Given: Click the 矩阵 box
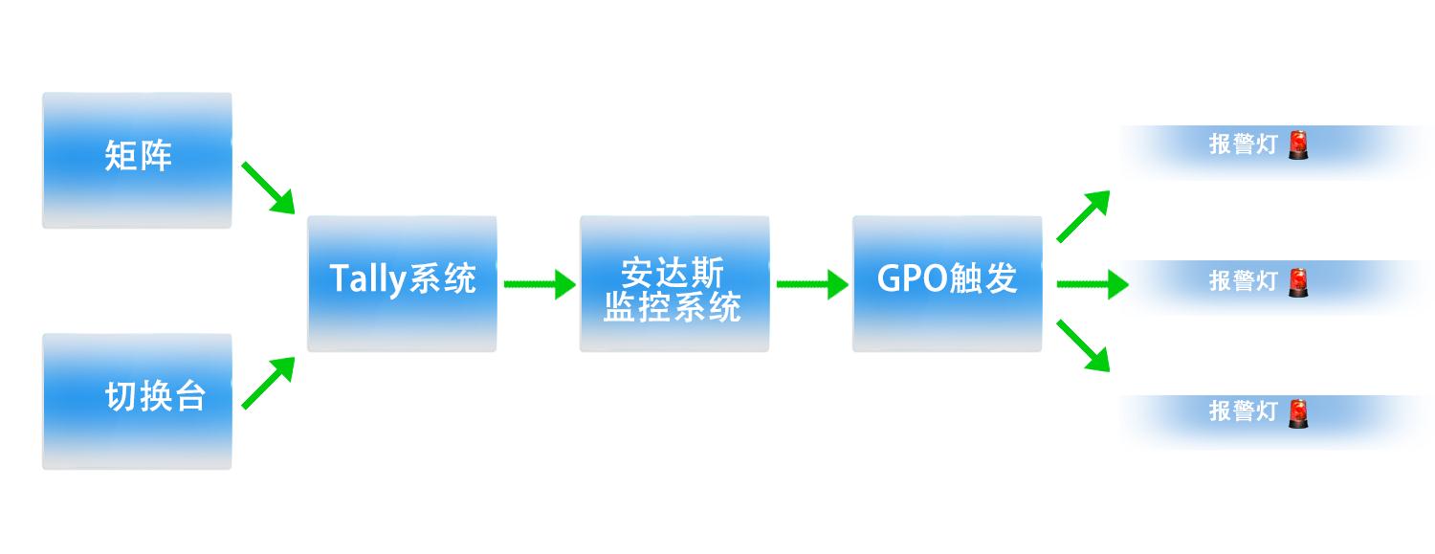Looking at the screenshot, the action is tap(137, 160).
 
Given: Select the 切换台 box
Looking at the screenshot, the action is tap(137, 402).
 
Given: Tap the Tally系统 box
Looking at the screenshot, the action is tap(403, 284).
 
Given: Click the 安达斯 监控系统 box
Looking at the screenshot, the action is tap(674, 284).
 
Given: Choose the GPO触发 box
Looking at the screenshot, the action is tap(947, 284).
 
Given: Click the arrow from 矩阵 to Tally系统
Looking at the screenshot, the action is tap(269, 188).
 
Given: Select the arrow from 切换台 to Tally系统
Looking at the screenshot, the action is tap(269, 383).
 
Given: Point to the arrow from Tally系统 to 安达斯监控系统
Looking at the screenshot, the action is tap(541, 284).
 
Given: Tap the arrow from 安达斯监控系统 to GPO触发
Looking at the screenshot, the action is tap(812, 284).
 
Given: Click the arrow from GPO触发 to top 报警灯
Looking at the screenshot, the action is tap(1083, 216).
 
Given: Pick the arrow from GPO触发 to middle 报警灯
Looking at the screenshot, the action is tap(1093, 284).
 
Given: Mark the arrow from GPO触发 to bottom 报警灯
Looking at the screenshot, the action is tap(1083, 345).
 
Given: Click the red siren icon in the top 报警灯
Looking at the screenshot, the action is tap(1298, 144).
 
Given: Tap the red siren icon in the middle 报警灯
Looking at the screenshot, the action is tap(1298, 282).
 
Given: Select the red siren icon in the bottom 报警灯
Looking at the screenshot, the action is tap(1298, 413).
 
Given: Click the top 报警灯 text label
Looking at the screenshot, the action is tap(1244, 144).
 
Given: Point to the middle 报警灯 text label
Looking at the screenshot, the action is tap(1244, 281).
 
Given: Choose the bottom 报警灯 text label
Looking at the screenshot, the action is tap(1244, 411).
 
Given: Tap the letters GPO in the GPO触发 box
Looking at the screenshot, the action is tap(912, 278).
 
